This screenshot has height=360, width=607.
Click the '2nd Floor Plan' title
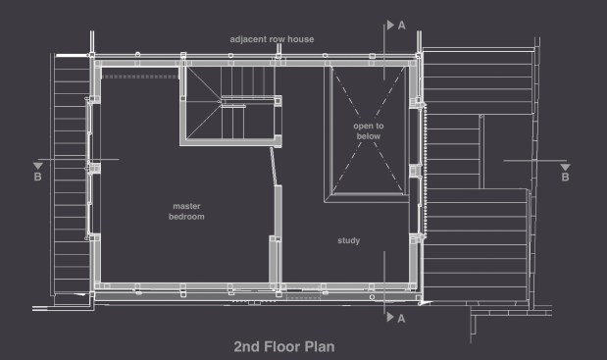284,347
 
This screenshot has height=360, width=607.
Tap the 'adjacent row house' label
272,39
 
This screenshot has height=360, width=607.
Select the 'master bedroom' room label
186,211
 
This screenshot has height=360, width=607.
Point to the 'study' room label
349,240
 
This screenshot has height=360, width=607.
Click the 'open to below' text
369,130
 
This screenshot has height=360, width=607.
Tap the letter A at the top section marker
402,26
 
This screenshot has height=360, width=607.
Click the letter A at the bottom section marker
401,319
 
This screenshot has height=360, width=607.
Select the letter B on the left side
37,177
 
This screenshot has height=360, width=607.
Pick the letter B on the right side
565,178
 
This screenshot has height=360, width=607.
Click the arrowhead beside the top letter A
390,26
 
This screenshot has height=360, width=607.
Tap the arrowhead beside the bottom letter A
390,317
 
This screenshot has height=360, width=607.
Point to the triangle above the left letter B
37,166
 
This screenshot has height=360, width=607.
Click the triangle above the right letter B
565,167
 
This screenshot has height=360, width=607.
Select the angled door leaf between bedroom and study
274,167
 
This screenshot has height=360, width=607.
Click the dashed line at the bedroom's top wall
140,77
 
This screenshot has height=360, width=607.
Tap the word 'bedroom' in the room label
186,217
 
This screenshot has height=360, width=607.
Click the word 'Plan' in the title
320,347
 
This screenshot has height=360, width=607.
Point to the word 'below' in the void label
369,136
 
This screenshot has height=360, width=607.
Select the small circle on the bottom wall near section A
372,297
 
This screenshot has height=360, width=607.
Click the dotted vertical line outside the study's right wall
426,171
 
